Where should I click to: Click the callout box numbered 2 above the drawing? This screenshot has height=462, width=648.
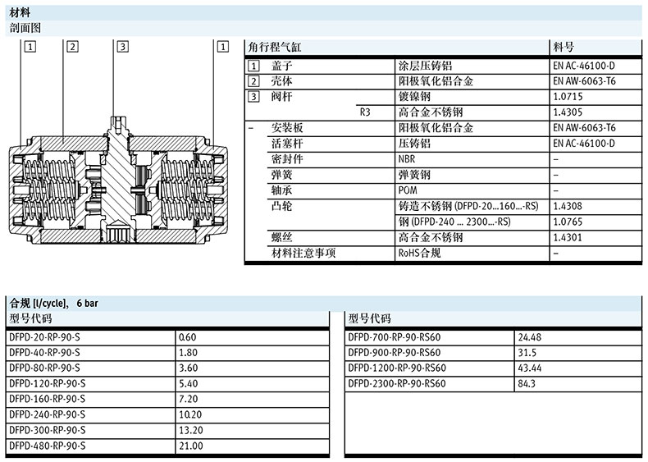72,47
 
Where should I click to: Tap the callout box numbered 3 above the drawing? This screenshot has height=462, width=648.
122,47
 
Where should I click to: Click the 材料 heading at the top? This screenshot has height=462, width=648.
20,12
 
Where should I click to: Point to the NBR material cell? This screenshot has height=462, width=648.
408,159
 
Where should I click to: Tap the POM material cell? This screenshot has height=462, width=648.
408,190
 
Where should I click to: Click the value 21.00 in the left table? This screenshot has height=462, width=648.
190,446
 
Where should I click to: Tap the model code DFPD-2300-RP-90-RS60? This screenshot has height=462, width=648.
397,383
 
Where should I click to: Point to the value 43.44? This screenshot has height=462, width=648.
530,368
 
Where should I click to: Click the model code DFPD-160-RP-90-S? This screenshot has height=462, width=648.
48,399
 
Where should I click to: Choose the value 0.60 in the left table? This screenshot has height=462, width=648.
188,337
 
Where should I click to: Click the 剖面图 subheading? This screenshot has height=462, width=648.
25,28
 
